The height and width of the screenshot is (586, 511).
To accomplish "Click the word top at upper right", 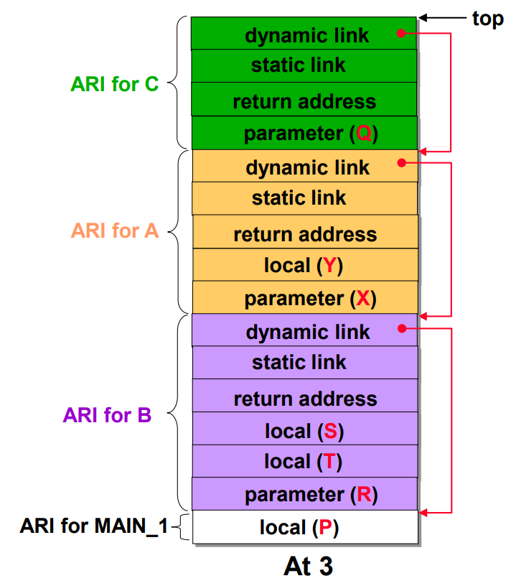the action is coord(488,19).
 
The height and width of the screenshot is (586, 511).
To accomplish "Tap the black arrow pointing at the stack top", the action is coord(443,17).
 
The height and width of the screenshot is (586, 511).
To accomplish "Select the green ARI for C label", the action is coord(115,84).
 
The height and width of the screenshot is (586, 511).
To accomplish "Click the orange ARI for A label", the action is coord(115,231).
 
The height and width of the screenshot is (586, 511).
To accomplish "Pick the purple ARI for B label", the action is coord(107,415).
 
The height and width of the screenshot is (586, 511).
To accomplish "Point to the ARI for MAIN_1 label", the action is coord(94,526).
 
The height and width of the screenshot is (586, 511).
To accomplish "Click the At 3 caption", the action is coord(308,566).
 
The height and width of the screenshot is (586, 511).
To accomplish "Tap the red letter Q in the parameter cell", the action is coord(364,133).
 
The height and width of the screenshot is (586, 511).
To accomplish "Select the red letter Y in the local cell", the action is coord(330,265).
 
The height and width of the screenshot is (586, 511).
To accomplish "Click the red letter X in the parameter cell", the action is coord(363,298).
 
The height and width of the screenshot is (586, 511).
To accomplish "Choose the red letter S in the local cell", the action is coord(331,431).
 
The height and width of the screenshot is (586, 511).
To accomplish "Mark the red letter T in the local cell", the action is coord(330,461).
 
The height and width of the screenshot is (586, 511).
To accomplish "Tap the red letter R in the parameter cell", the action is coord(364,494).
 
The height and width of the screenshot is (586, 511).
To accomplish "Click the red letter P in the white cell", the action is coord(325,527).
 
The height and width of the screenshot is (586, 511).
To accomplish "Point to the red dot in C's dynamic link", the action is coord(401,33).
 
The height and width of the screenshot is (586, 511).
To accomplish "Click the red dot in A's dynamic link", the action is coord(402,162).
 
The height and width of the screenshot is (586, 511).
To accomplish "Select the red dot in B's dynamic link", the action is coord(402,328).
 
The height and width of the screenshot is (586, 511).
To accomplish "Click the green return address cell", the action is coord(304,99).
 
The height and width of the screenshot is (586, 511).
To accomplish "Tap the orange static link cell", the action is coord(305,198).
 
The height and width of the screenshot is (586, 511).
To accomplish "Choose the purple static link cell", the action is coord(305,363).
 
